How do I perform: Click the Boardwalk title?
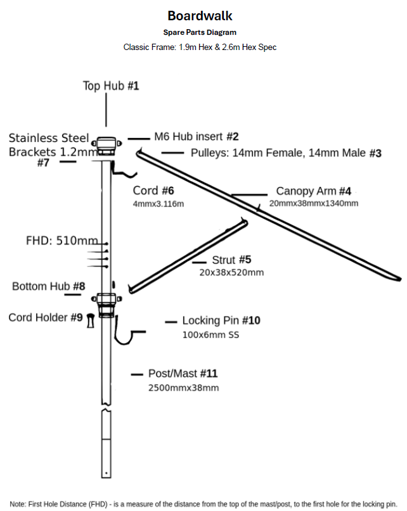click(200, 16)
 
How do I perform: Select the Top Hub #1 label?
click(111, 85)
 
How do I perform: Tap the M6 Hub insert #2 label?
click(197, 136)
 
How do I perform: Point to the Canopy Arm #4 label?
click(314, 191)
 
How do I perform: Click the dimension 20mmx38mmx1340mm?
click(314, 203)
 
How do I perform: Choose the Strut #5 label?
click(232, 260)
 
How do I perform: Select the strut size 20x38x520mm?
click(232, 272)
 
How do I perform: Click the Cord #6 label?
click(153, 191)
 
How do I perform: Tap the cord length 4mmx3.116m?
click(158, 204)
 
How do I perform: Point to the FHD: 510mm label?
click(62, 241)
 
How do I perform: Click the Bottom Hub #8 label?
click(49, 286)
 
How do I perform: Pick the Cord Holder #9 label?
click(46, 317)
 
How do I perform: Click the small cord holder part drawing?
click(91, 320)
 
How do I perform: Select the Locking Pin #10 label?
click(221, 320)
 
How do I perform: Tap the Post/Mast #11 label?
click(183, 374)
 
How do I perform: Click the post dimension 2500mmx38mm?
click(183, 388)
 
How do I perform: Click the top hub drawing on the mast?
click(107, 146)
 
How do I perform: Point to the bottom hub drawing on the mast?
click(107, 304)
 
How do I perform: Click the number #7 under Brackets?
click(43, 162)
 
